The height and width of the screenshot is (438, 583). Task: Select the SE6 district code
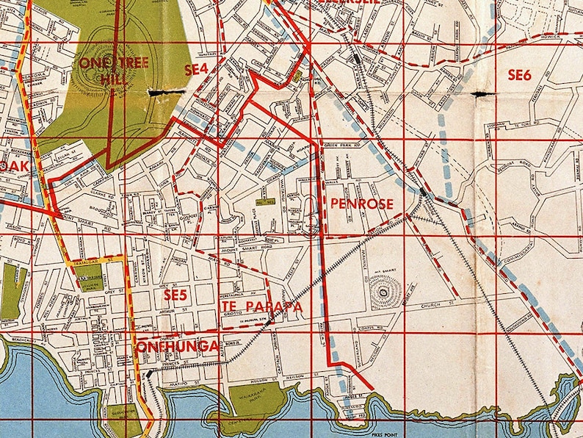tap(524, 74)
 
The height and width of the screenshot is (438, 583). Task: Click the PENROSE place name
tap(362, 204)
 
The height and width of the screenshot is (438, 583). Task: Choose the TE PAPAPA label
tap(261, 306)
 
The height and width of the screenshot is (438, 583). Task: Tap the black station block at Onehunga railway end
tap(151, 373)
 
